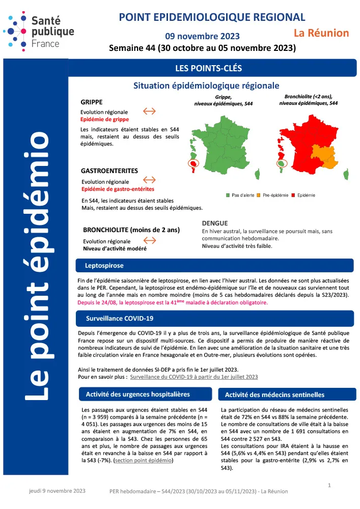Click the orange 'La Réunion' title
(x=321, y=33)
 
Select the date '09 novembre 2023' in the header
(x=202, y=36)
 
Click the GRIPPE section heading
(x=92, y=102)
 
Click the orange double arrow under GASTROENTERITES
(x=149, y=180)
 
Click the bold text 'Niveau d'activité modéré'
(x=115, y=249)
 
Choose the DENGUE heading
(x=215, y=223)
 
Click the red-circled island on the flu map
(x=194, y=164)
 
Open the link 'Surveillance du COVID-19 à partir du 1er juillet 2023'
(x=194, y=377)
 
